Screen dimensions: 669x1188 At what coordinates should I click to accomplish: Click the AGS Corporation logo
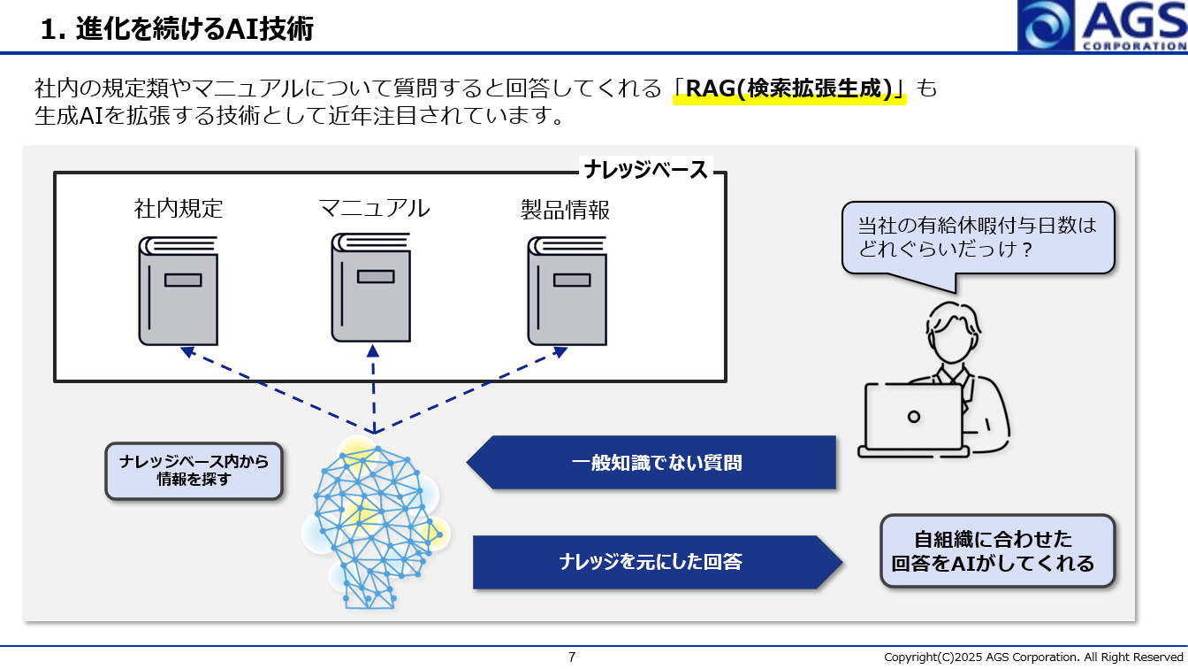point(1102,26)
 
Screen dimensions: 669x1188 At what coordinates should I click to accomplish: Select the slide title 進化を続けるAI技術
point(177,28)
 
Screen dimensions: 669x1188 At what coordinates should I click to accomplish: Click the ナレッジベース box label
point(646,170)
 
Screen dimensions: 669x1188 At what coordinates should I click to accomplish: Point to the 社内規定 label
point(179,209)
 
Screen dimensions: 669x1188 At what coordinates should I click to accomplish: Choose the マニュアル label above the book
point(374,208)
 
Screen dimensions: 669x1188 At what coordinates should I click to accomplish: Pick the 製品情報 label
point(566,210)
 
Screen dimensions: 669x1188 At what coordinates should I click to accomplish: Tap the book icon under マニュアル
point(371,287)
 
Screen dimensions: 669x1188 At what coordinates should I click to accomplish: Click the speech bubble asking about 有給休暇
point(977,237)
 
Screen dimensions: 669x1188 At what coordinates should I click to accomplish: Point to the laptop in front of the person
point(913,419)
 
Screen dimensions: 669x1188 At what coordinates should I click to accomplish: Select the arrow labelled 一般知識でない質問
point(652,462)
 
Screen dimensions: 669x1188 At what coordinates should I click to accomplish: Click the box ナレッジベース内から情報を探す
point(194,471)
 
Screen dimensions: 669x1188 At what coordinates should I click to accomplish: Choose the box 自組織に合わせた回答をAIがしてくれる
point(997,551)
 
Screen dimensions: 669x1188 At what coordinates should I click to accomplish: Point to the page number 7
point(572,657)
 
